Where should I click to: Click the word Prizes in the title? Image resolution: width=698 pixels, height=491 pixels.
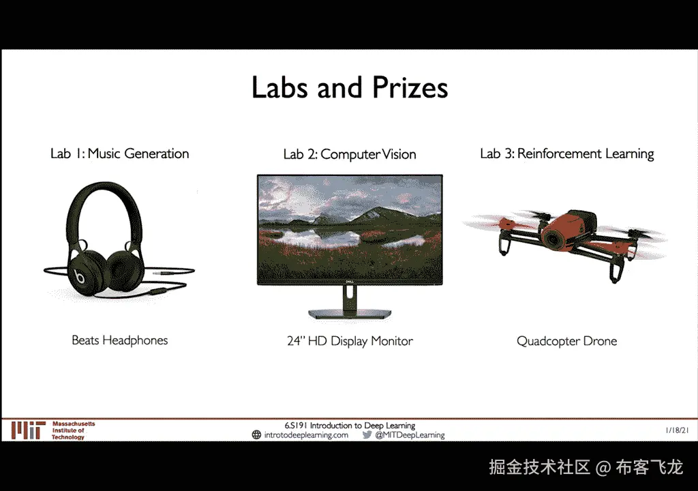pyautogui.click(x=410, y=87)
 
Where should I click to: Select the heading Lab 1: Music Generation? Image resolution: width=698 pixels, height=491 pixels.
pyautogui.click(x=120, y=153)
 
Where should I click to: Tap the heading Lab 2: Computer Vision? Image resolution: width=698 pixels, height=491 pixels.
pyautogui.click(x=350, y=154)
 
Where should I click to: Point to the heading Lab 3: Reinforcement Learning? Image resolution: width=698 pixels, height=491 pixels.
pyautogui.click(x=566, y=153)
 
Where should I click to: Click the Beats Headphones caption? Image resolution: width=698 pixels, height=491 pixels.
pyautogui.click(x=120, y=340)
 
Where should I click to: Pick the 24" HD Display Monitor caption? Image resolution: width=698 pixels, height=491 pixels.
pyautogui.click(x=350, y=341)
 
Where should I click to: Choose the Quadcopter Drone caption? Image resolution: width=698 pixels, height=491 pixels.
pyautogui.click(x=566, y=341)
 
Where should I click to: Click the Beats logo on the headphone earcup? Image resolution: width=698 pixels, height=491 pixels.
pyautogui.click(x=80, y=277)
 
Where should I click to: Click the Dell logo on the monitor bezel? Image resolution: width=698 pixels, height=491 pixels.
pyautogui.click(x=350, y=282)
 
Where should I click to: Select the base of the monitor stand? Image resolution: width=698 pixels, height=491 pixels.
pyautogui.click(x=350, y=313)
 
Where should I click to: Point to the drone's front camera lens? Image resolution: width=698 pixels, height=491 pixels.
pyautogui.click(x=553, y=239)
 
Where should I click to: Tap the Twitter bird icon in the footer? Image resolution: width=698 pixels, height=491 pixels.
pyautogui.click(x=367, y=435)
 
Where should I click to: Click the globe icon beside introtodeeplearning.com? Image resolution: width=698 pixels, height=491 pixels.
pyautogui.click(x=256, y=435)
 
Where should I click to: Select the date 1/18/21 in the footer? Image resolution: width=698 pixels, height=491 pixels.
pyautogui.click(x=677, y=430)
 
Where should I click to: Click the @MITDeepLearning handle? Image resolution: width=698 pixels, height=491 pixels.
pyautogui.click(x=410, y=435)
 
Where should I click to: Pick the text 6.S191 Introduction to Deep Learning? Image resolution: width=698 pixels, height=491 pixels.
pyautogui.click(x=350, y=426)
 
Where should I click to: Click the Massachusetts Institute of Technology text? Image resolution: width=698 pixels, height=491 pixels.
pyautogui.click(x=74, y=430)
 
